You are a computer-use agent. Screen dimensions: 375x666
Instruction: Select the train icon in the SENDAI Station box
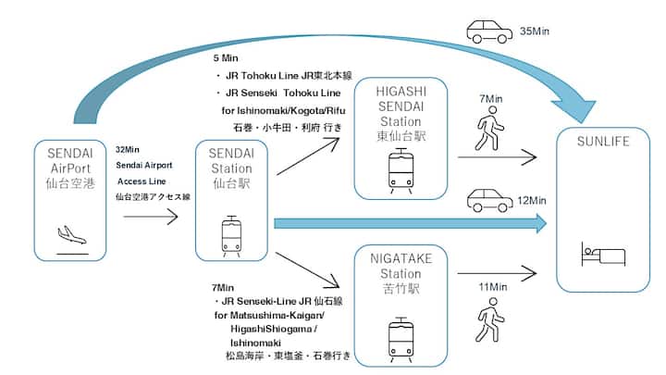coord(232,235)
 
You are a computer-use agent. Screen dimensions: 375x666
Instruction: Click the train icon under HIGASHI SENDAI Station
coord(401,169)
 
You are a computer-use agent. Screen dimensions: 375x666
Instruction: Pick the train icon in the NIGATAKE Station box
coord(401,339)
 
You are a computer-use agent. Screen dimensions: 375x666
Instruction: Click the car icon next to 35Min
coord(489,31)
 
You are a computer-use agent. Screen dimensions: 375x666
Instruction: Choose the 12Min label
coord(535,200)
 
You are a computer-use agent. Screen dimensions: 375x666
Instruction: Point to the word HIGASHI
coord(401,92)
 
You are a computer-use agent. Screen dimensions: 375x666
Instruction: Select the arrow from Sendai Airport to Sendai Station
coord(151,219)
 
